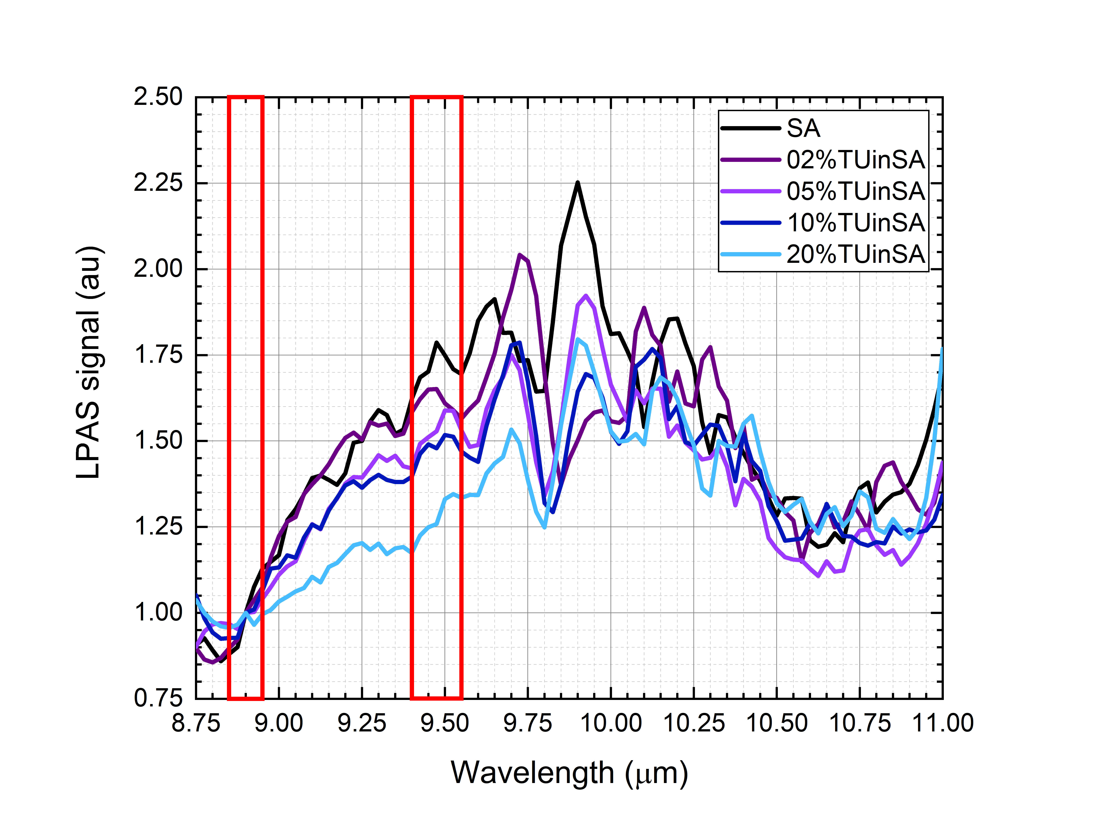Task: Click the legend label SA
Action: coord(803,129)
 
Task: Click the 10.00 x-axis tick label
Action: coord(611,723)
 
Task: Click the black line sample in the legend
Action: coord(751,129)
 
